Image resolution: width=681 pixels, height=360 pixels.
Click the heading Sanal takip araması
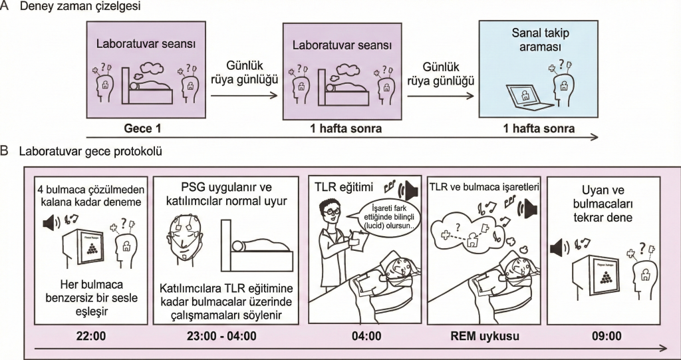[x=540, y=41]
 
